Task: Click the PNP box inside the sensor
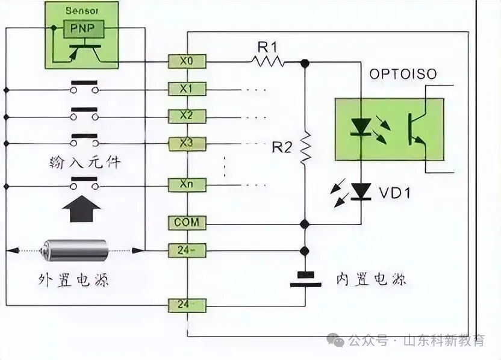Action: pos(84,29)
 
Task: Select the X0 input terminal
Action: pos(187,60)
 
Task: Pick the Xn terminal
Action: pos(187,185)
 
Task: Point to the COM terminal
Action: pos(187,223)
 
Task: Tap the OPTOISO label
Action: pos(403,75)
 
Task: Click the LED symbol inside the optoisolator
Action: pos(361,127)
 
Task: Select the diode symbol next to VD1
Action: pos(361,191)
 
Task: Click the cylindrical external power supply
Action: pos(75,249)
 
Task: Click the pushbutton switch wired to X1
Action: pos(84,88)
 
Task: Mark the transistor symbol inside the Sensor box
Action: pos(84,52)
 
